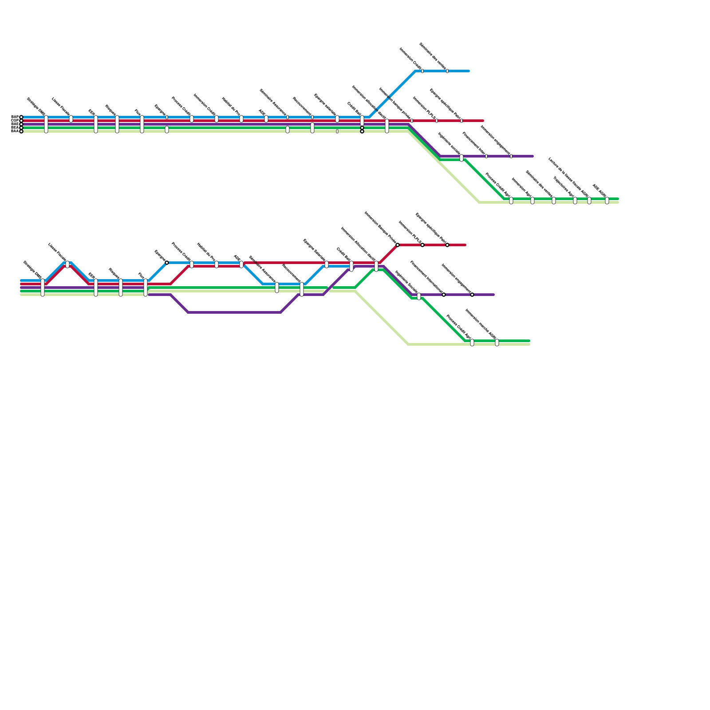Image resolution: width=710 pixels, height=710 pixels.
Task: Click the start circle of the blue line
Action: (x=21, y=117)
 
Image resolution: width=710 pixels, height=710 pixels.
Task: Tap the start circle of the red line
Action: (x=21, y=121)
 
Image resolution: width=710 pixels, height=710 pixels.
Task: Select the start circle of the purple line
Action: (x=21, y=124)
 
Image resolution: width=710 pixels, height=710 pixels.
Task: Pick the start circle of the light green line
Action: (x=21, y=131)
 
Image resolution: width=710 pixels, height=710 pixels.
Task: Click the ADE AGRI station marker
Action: (x=607, y=201)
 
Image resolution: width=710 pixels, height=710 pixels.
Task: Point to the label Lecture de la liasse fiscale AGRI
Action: (x=569, y=177)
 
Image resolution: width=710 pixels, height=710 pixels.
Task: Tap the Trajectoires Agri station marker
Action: (x=575, y=201)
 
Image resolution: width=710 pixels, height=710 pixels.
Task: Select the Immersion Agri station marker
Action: (x=532, y=201)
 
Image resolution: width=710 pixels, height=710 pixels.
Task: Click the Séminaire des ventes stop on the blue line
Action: (x=447, y=71)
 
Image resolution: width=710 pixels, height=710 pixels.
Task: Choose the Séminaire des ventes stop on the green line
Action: (x=554, y=201)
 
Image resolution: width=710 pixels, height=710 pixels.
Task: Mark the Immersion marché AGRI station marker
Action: (x=497, y=342)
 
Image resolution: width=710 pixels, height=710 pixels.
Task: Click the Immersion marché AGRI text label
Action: (x=481, y=324)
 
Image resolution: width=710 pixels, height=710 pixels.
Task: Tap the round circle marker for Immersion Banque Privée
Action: (x=398, y=245)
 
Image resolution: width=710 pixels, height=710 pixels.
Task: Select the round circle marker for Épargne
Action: (x=167, y=263)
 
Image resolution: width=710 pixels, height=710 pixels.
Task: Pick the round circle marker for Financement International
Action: (x=444, y=295)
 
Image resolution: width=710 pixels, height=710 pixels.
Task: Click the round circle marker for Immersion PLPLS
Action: (x=422, y=245)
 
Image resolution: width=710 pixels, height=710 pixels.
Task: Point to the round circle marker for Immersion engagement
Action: (x=472, y=295)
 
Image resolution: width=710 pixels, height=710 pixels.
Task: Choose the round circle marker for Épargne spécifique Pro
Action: (x=447, y=245)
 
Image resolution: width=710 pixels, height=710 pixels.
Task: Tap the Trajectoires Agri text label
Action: (x=564, y=187)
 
